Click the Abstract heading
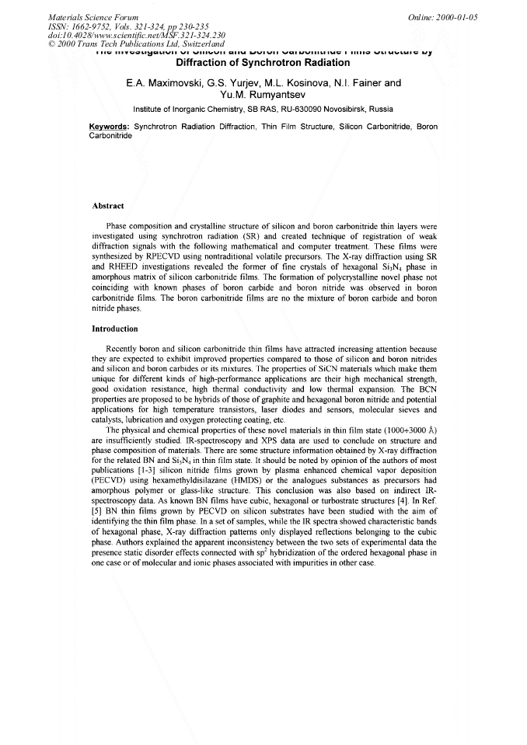coord(108,206)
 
